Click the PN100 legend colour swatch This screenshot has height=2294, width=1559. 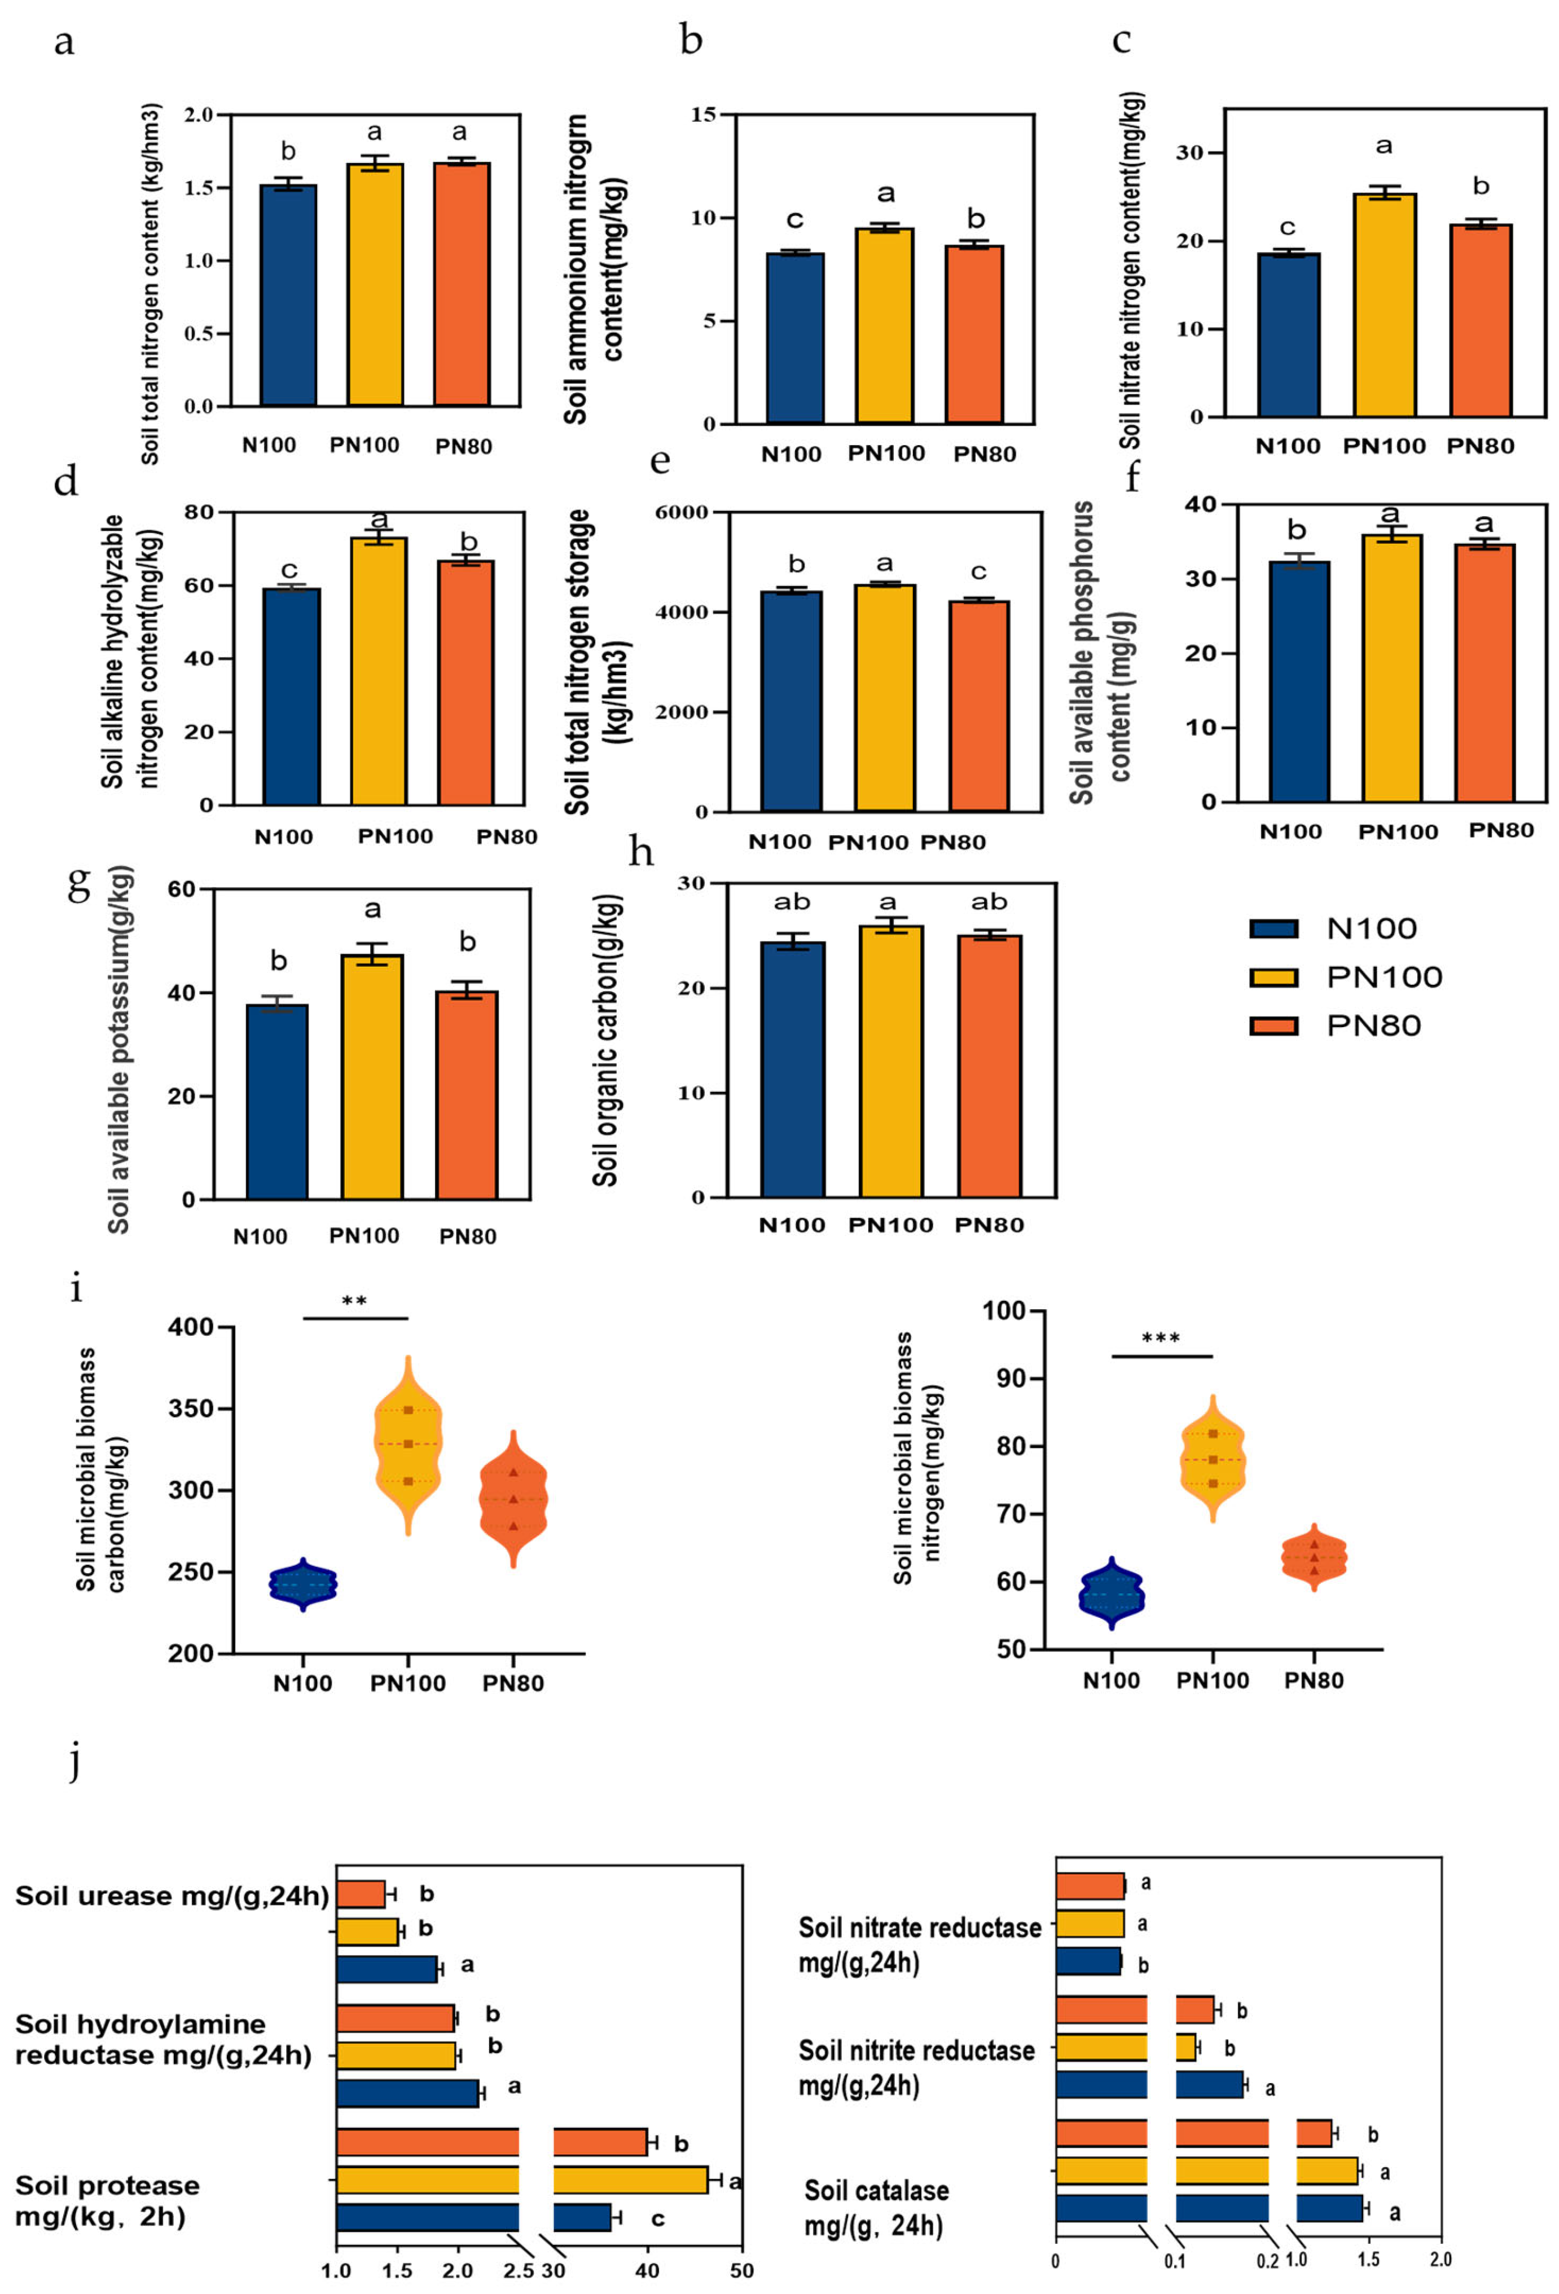pyautogui.click(x=1273, y=976)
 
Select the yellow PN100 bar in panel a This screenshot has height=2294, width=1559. pyautogui.click(x=374, y=287)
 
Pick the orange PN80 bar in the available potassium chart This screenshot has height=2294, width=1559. pyautogui.click(x=467, y=1095)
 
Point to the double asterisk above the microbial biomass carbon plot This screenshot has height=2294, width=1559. pyautogui.click(x=354, y=1301)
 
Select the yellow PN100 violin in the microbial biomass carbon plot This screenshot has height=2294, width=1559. pyautogui.click(x=408, y=1446)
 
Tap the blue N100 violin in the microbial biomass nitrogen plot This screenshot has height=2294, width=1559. pyautogui.click(x=1112, y=1592)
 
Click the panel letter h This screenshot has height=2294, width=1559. pyautogui.click(x=641, y=850)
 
